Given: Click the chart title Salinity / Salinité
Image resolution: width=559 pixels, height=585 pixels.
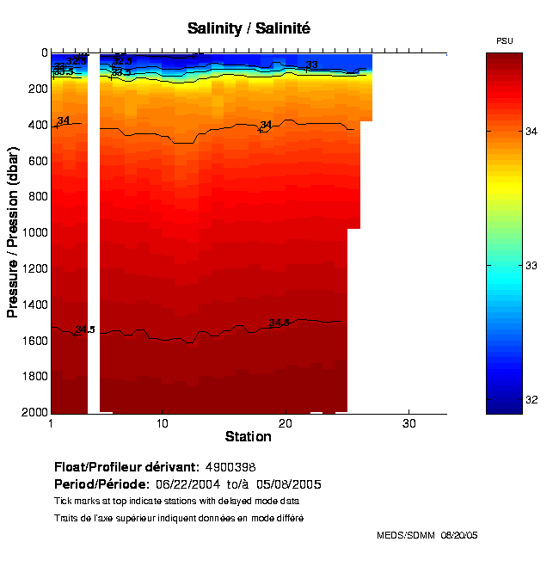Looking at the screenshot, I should click(x=249, y=28).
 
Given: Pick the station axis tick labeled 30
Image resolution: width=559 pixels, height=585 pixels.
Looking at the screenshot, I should click(x=409, y=424).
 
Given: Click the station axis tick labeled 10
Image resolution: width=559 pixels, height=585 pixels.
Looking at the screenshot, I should click(x=162, y=424).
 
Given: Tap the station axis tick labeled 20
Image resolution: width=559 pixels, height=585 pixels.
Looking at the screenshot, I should click(x=286, y=424).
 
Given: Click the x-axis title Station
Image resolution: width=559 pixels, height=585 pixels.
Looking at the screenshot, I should click(x=249, y=437).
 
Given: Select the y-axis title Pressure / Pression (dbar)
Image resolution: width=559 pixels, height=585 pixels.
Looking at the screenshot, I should click(x=13, y=232).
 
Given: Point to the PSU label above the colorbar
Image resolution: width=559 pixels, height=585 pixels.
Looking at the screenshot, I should click(x=505, y=41).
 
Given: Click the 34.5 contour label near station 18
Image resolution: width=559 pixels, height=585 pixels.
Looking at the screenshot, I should click(x=279, y=323).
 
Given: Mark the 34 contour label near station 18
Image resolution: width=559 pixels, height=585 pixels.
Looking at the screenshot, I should click(x=266, y=125).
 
